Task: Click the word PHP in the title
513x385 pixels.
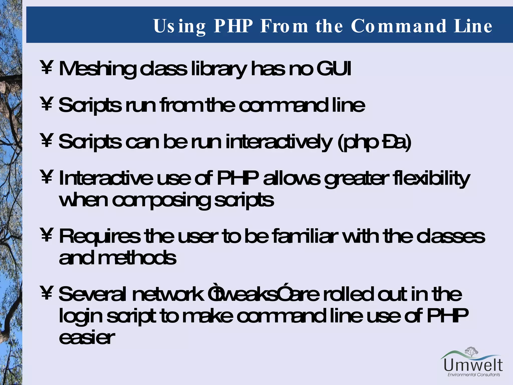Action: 233,26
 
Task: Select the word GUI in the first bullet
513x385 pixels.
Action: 334,69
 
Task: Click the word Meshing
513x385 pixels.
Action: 98,69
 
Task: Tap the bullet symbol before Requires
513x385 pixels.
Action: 47,236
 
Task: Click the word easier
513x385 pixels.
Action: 87,337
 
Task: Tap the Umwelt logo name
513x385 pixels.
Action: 473,365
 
